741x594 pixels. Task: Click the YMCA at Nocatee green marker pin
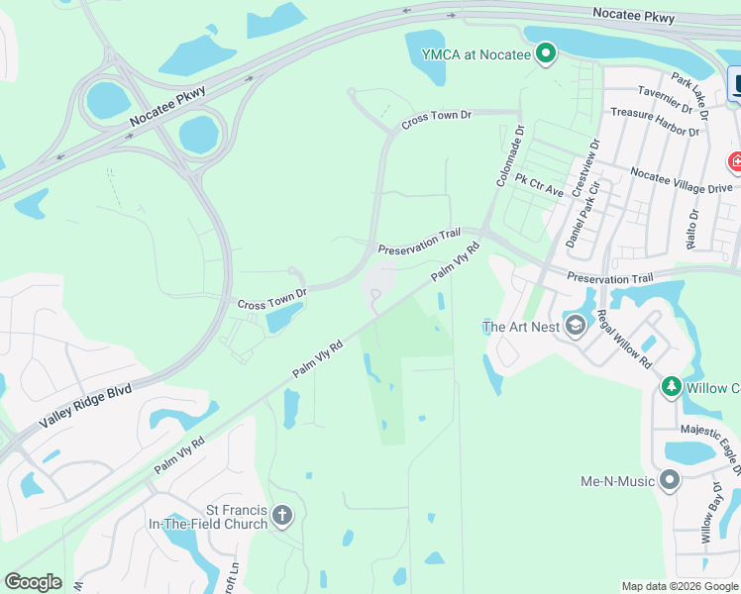[544, 54]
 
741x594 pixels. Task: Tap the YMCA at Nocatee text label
[468, 54]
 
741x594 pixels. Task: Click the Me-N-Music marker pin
[670, 482]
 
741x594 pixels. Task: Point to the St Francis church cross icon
[282, 515]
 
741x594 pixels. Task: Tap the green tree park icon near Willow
[671, 387]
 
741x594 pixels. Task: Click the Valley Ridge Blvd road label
[85, 407]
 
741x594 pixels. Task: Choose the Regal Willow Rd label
[623, 340]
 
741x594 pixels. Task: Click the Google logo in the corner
[33, 582]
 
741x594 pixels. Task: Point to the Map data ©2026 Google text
[679, 586]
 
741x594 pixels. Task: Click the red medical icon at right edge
[735, 160]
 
